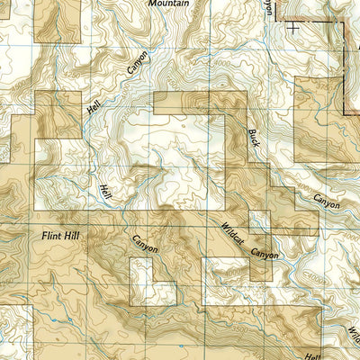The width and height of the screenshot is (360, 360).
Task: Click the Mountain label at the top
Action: pyautogui.click(x=168, y=4)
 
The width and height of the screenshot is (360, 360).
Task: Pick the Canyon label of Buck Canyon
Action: pyautogui.click(x=327, y=201)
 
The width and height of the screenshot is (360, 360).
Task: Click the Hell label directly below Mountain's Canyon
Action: pyautogui.click(x=94, y=106)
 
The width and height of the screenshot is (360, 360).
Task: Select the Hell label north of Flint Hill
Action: pyautogui.click(x=105, y=191)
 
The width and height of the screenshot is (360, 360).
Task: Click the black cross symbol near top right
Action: pyautogui.click(x=293, y=27)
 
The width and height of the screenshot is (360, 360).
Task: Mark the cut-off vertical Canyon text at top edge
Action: pyautogui.click(x=266, y=5)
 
